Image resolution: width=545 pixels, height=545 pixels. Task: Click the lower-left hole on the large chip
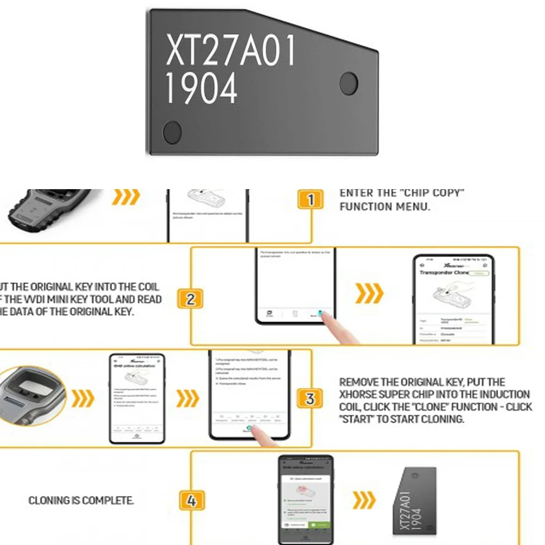(172, 132)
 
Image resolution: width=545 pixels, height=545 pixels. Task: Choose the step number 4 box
(191, 500)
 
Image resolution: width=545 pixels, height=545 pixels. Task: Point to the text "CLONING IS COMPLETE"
(81, 500)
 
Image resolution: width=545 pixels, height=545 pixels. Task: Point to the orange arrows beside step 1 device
(126, 197)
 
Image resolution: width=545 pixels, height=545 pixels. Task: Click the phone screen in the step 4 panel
(306, 499)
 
